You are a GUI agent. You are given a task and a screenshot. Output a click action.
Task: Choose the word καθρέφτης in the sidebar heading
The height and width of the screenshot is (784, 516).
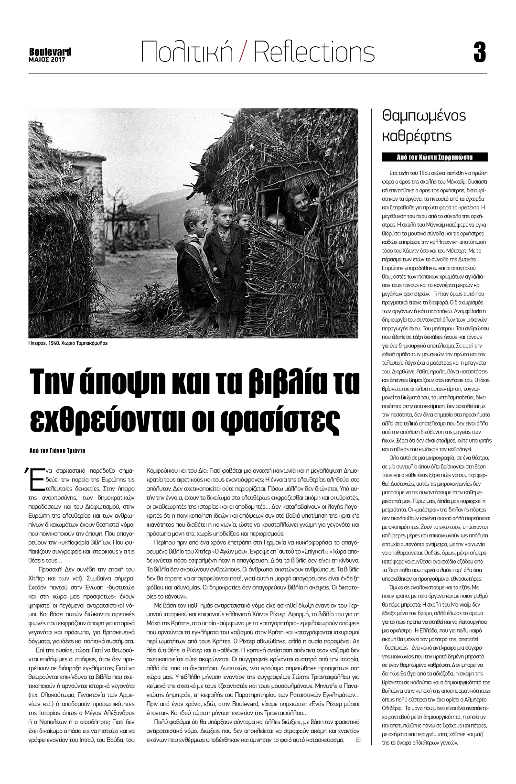pyautogui.click(x=417, y=136)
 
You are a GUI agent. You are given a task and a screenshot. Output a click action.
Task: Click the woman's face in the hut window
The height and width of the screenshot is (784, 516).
pyautogui.click(x=302, y=196)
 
